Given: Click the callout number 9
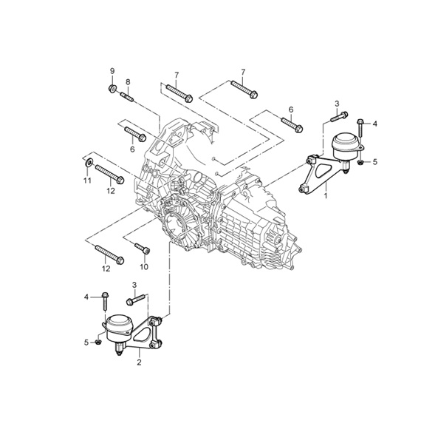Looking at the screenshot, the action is pyautogui.click(x=112, y=71).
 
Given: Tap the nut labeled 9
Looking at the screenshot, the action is pyautogui.click(x=112, y=89).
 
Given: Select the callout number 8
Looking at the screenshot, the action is pyautogui.click(x=128, y=82).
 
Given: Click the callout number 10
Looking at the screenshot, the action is pyautogui.click(x=144, y=267).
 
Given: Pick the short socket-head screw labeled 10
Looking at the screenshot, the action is pyautogui.click(x=143, y=249).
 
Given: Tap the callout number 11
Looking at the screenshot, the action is pyautogui.click(x=88, y=181).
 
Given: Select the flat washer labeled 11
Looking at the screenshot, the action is pyautogui.click(x=89, y=163).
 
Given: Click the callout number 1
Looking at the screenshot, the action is pyautogui.click(x=326, y=195).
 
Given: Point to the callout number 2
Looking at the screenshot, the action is pyautogui.click(x=139, y=362).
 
